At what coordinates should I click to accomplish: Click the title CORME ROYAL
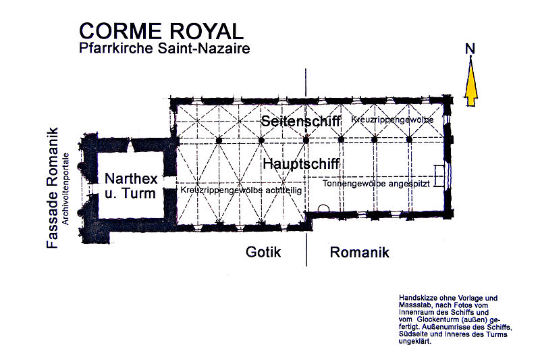pos(161,31)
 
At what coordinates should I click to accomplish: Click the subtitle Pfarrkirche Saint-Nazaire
pos(165,48)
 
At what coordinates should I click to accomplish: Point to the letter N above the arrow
pos(470,49)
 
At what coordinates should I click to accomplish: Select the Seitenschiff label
pos(300,121)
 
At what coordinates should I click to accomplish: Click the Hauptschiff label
pos(301,163)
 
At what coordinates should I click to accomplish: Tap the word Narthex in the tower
pos(131,178)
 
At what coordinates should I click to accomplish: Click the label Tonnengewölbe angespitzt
pos(376,184)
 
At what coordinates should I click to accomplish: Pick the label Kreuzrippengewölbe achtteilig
pos(241,190)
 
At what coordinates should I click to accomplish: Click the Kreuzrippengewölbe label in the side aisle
pos(392,120)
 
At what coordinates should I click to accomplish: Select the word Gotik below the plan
pos(263,252)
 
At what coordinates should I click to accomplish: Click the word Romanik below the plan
pos(360,253)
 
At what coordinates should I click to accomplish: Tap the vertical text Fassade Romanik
pos(53,188)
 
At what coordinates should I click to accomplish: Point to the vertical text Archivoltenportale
pos(65,189)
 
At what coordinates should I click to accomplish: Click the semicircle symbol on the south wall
pos(323,208)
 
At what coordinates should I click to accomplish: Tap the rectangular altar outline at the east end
pos(439,176)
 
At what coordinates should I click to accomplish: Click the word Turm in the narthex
pos(141,193)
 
